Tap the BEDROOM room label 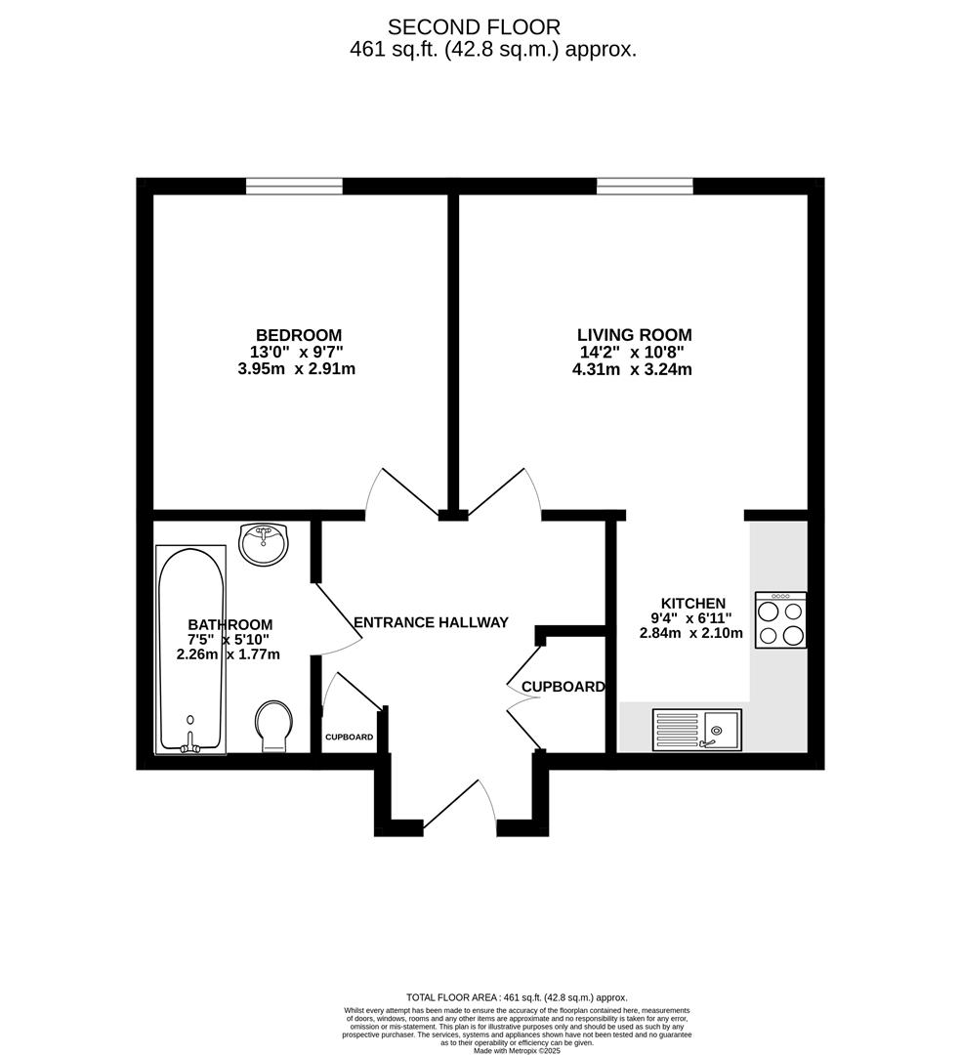(x=299, y=335)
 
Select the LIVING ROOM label (x=634, y=335)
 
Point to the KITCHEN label (x=693, y=604)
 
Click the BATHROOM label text (x=230, y=625)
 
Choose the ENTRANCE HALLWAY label (x=431, y=622)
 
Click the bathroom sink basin (x=263, y=543)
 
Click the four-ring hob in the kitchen (x=780, y=619)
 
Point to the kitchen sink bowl (x=723, y=729)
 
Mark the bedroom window (x=294, y=186)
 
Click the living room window (x=645, y=186)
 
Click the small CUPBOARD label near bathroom (x=349, y=737)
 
